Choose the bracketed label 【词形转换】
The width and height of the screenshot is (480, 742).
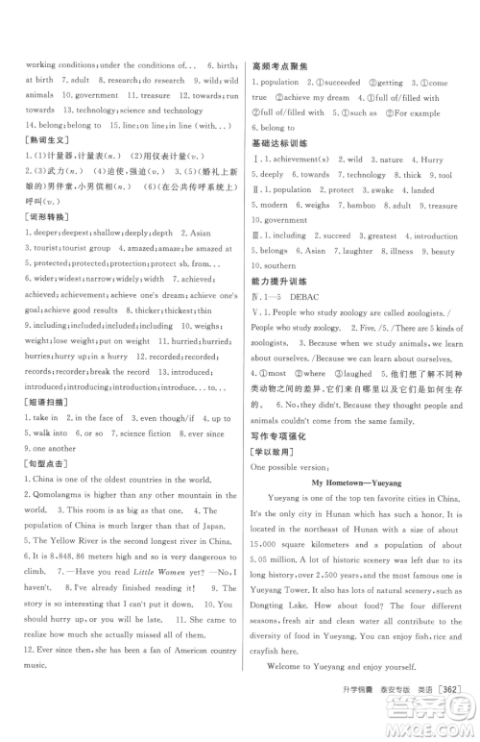[28, 217]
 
